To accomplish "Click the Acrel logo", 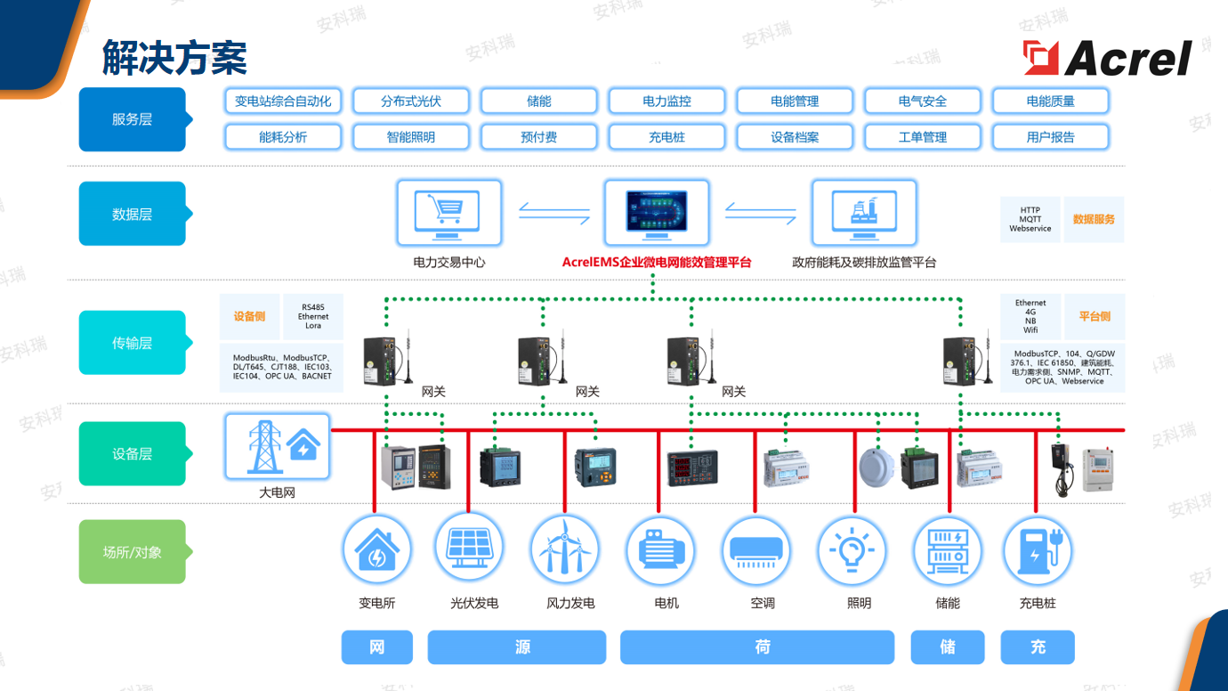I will (1108, 59).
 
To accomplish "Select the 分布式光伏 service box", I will (411, 102).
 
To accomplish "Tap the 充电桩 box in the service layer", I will (667, 137).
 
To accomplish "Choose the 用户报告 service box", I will (1050, 137).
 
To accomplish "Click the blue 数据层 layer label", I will (133, 214).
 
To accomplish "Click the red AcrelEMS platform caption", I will (657, 263).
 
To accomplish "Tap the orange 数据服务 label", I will (1094, 219).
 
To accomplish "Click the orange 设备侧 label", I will (250, 317).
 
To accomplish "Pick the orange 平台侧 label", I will (1095, 317).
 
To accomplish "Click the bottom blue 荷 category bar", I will (756, 647).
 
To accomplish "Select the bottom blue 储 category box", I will (948, 647).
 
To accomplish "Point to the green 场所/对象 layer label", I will (133, 552).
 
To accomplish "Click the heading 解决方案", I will (174, 59).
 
